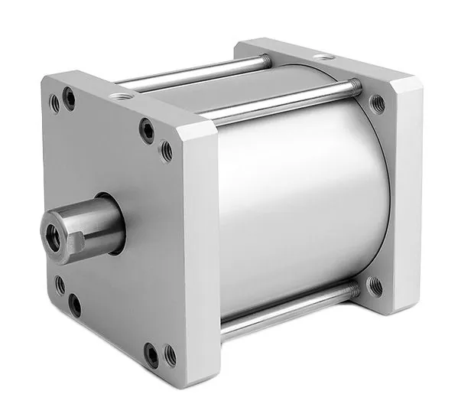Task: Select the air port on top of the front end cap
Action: (120, 97)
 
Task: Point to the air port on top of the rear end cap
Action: (324, 57)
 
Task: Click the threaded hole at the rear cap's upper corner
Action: (377, 102)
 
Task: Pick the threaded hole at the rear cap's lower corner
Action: (375, 286)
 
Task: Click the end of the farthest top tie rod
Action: (263, 59)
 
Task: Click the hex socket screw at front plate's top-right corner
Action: (147, 130)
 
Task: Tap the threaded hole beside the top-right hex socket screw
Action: (166, 151)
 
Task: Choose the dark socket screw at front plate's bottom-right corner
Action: (151, 355)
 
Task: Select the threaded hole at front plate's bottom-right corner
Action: (170, 355)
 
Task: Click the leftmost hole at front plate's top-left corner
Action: (54, 103)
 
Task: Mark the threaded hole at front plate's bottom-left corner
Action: (60, 285)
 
